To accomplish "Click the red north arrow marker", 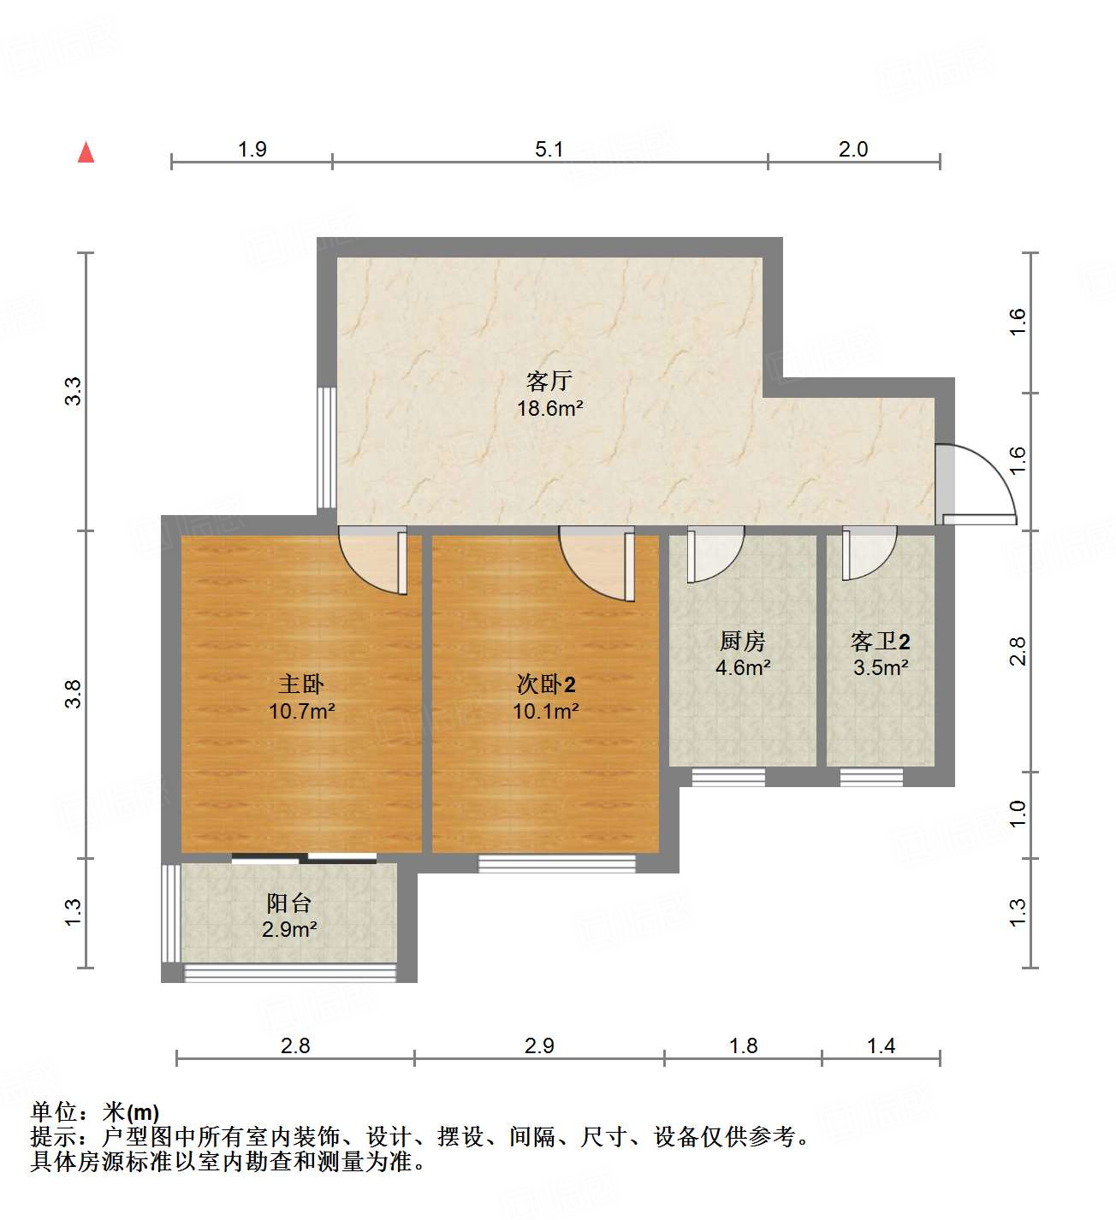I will (x=86, y=152).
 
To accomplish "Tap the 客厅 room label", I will (x=549, y=381).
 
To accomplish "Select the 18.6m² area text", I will (x=549, y=408).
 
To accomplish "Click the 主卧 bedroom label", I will (x=300, y=684).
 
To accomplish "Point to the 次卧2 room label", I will (x=545, y=684).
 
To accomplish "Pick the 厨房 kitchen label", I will (x=742, y=641).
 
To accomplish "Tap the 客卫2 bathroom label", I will (x=880, y=641).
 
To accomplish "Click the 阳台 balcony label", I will (x=288, y=903).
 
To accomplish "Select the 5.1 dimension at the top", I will (x=549, y=150).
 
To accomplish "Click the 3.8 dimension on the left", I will (x=74, y=693).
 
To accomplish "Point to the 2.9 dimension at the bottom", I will (x=539, y=1045).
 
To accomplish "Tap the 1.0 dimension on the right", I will (x=1017, y=814).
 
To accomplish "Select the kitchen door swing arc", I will (x=715, y=554).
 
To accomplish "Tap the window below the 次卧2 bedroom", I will (x=556, y=863).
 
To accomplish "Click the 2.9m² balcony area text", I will (x=289, y=929).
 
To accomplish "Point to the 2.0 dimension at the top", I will (x=852, y=150).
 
